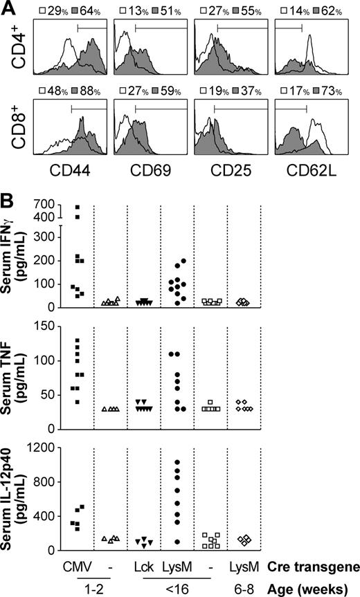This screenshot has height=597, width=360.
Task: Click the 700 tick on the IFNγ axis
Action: [47, 205]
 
